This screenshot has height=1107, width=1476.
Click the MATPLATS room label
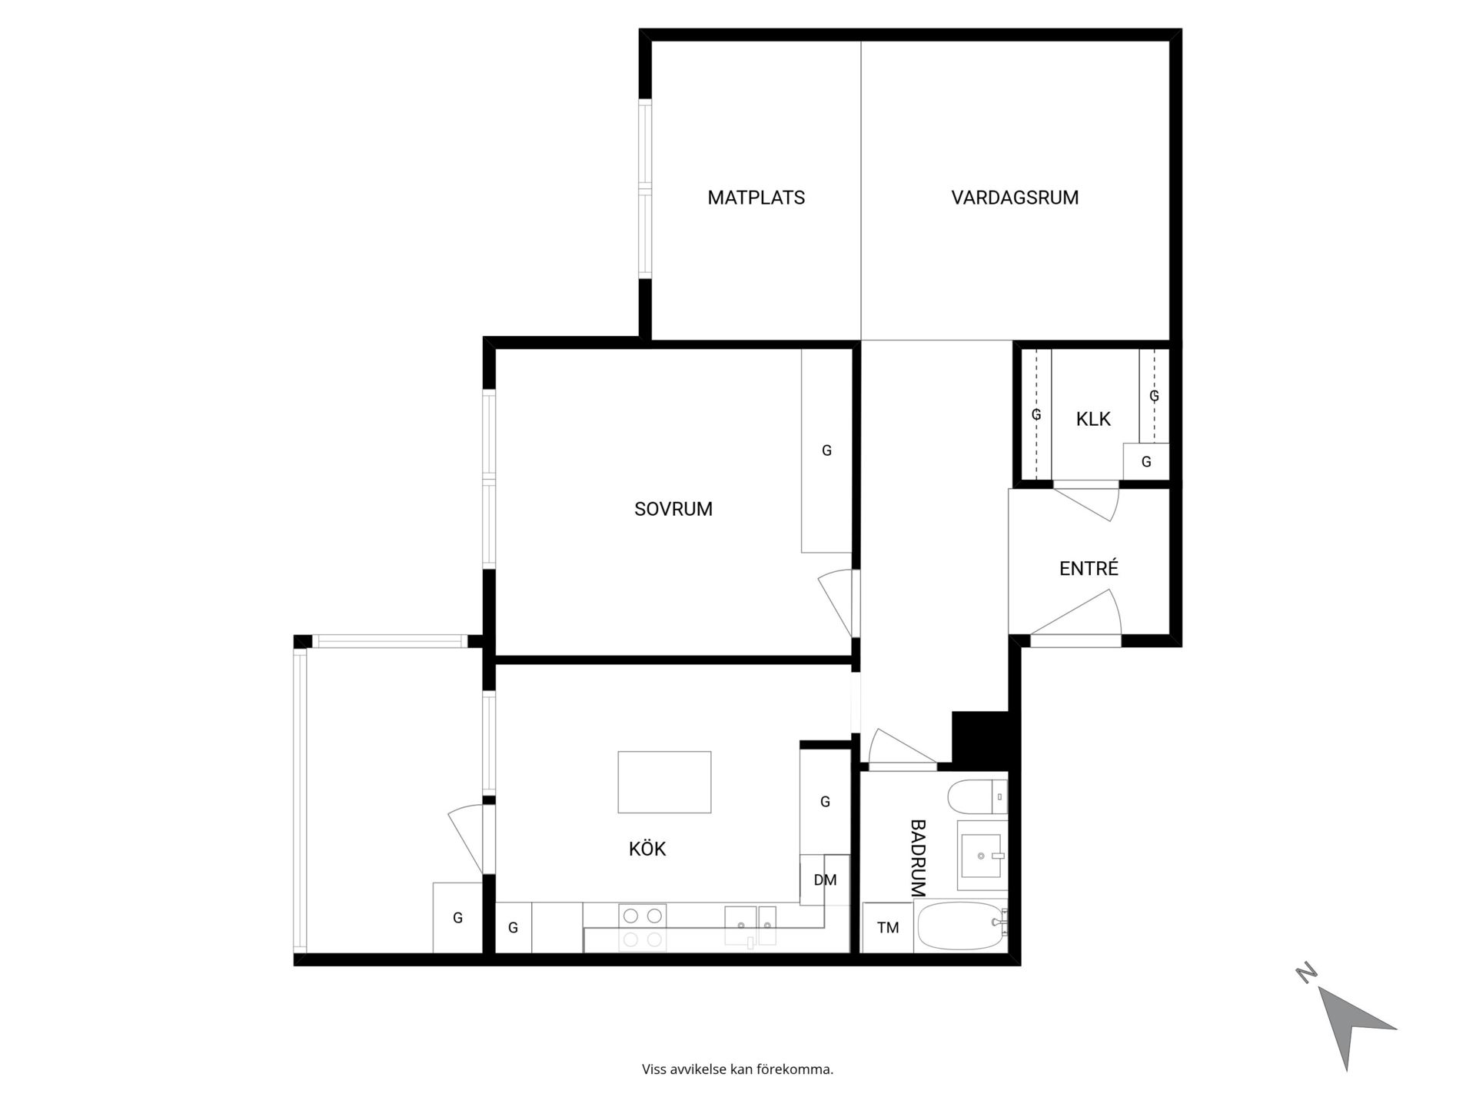point(756,198)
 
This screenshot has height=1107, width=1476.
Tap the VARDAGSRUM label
point(1015,198)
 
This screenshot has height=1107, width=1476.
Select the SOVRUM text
point(673,509)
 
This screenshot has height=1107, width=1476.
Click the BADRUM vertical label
point(918,858)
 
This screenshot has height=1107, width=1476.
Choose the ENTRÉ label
point(1089,568)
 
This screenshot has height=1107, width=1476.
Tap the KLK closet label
point(1093,419)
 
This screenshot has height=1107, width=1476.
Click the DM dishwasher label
point(825,880)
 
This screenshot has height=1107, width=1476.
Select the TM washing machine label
point(888,928)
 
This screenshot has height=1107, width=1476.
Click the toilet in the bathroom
point(977,796)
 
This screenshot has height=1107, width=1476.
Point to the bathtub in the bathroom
point(962,926)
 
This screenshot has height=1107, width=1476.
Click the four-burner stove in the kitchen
point(643,927)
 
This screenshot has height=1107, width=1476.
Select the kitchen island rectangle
point(664,782)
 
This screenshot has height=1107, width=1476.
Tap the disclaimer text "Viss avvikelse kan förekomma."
point(737,1069)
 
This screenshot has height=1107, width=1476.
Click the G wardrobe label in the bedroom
point(826,450)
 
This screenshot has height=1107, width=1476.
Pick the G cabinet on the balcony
point(457,917)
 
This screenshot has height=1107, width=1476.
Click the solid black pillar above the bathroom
point(979,740)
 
